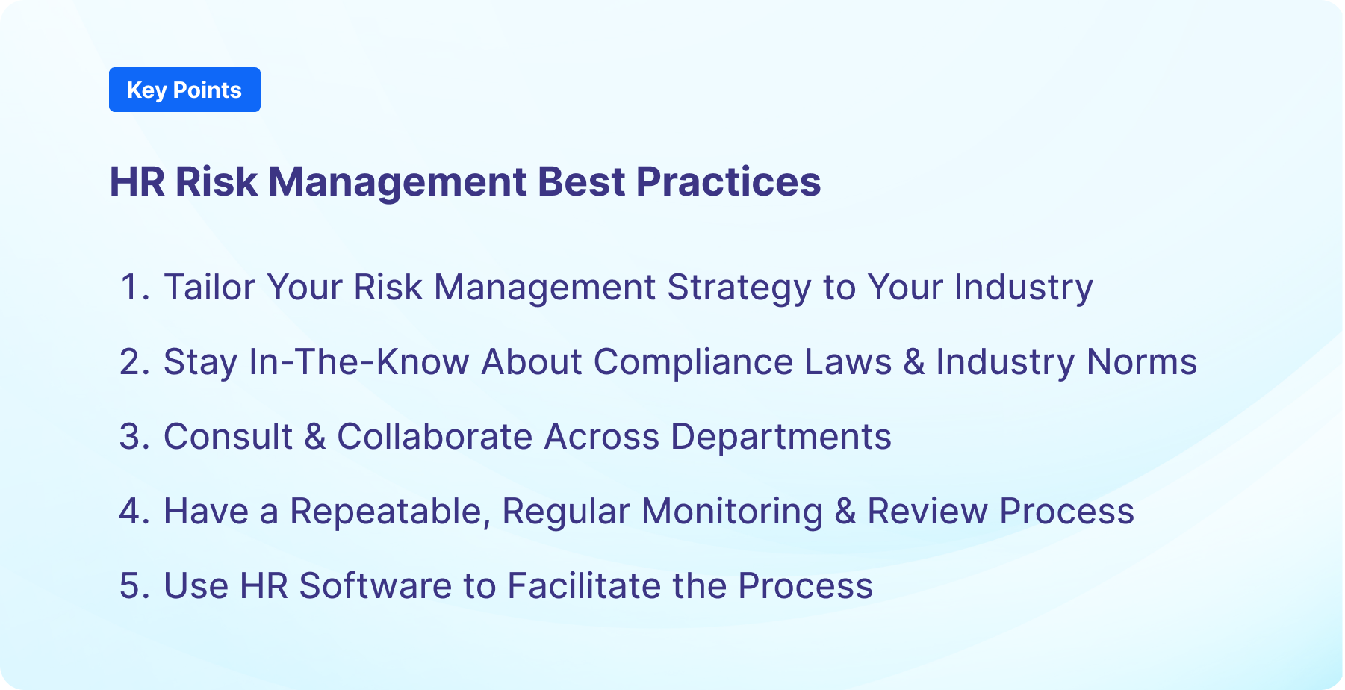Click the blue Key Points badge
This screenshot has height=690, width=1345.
click(184, 90)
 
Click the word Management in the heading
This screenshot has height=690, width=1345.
click(397, 181)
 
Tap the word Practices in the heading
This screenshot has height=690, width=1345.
click(728, 181)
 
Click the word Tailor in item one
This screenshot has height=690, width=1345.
click(209, 287)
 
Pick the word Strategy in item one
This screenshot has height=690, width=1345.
click(739, 287)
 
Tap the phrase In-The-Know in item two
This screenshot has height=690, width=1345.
click(358, 362)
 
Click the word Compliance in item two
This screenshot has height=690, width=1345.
click(692, 362)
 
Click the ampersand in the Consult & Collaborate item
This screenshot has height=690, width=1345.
click(315, 437)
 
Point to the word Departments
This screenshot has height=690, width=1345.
click(780, 437)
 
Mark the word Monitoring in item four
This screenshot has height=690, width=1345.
click(732, 512)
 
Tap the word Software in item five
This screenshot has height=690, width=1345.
click(375, 586)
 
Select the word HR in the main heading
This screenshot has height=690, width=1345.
click(137, 181)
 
